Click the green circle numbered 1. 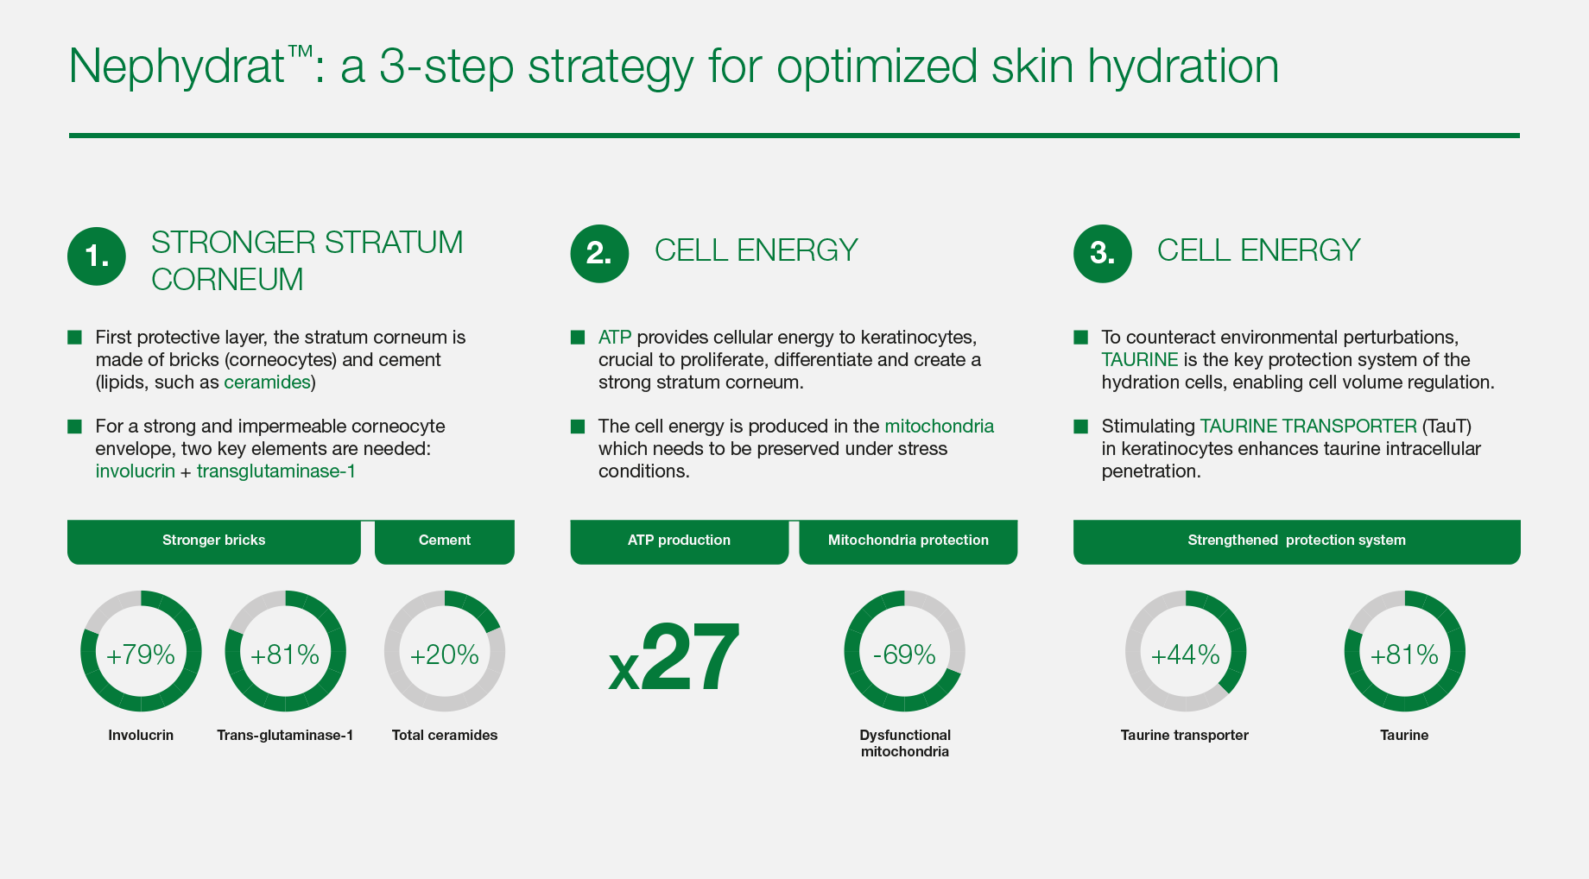(97, 256)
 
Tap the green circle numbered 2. (599, 254)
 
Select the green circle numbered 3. (1102, 254)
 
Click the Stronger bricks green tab (214, 541)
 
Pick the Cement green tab (445, 541)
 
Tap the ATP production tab (680, 541)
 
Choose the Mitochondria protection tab (908, 541)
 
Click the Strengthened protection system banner (1296, 541)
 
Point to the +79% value (141, 655)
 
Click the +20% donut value (445, 655)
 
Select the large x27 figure (674, 658)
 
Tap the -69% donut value (904, 655)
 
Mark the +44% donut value (1186, 655)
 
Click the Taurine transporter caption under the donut (1185, 736)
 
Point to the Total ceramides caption (445, 736)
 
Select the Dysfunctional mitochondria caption (905, 743)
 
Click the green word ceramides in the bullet (267, 383)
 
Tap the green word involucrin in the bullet (135, 471)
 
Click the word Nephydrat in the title (177, 66)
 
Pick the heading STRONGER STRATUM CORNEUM (307, 261)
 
